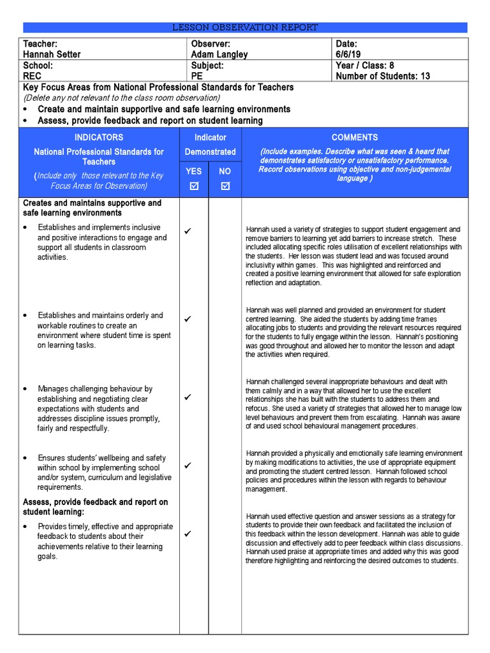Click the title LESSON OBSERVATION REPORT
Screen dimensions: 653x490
[246, 27]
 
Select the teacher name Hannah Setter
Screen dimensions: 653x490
[52, 54]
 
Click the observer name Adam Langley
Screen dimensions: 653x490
[219, 54]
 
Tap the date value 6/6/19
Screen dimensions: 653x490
[348, 54]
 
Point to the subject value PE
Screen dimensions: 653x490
[197, 76]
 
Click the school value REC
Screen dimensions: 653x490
[32, 76]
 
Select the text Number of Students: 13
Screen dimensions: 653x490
[383, 76]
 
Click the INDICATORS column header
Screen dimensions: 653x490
[99, 137]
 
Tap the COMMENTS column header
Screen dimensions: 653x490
[354, 137]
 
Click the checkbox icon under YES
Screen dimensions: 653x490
[194, 186]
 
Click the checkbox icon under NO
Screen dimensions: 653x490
[225, 186]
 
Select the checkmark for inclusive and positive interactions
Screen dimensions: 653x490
[188, 231]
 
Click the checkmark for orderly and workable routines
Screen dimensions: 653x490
[188, 319]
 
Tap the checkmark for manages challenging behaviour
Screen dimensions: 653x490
[188, 397]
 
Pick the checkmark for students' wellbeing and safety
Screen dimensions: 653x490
[188, 466]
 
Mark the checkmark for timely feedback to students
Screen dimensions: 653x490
[188, 534]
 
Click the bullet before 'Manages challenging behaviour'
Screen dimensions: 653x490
[24, 389]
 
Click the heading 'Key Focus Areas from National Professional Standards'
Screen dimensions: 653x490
[158, 87]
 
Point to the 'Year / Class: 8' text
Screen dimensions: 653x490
[365, 65]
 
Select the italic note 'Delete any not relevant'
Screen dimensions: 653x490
[121, 98]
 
